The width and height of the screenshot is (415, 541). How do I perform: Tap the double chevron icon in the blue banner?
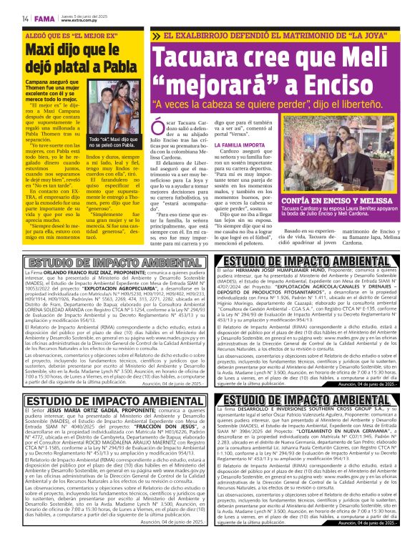pyautogui.click(x=156, y=36)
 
